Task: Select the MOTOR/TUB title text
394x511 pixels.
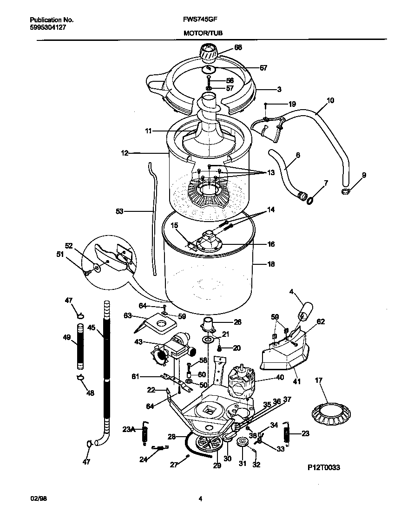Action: tap(203, 33)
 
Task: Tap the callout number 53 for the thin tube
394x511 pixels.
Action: tap(119, 211)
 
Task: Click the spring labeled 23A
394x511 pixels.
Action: tap(145, 433)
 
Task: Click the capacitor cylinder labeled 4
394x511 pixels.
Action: tap(305, 311)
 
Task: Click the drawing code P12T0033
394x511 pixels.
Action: tap(323, 468)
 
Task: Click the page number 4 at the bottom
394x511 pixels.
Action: tap(200, 499)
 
